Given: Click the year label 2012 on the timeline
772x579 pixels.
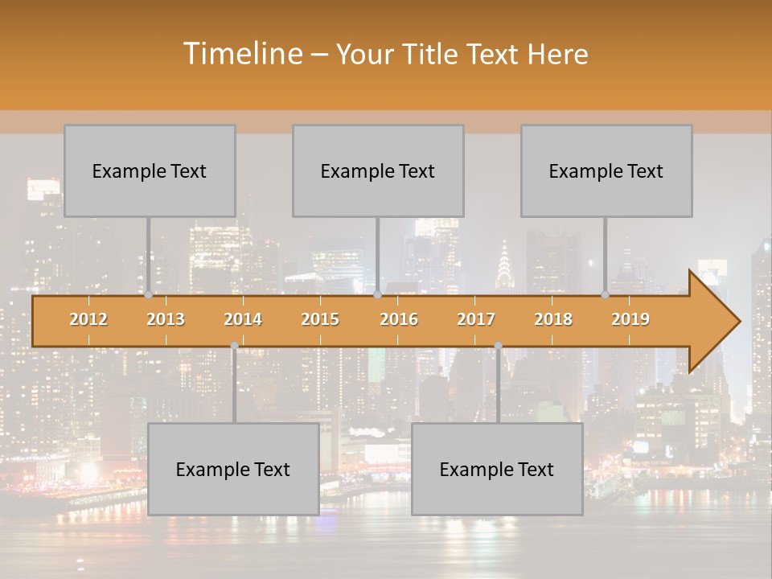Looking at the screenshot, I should pyautogui.click(x=88, y=319).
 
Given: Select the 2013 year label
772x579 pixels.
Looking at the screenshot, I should pyautogui.click(x=166, y=319).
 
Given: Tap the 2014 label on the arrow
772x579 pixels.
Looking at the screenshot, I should pyautogui.click(x=243, y=319).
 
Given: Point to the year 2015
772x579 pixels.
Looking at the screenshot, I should pyautogui.click(x=320, y=319).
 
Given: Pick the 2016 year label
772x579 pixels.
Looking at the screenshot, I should pyautogui.click(x=399, y=319).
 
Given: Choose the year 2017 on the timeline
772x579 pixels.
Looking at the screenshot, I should pyautogui.click(x=476, y=319).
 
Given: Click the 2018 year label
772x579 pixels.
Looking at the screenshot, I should pyautogui.click(x=553, y=319).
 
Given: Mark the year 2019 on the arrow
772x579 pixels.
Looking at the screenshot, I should pyautogui.click(x=630, y=319).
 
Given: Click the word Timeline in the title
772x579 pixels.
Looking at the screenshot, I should pyautogui.click(x=242, y=54).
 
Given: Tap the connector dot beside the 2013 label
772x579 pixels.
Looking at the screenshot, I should pyautogui.click(x=148, y=295).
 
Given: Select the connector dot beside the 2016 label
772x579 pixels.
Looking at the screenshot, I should pyautogui.click(x=377, y=295).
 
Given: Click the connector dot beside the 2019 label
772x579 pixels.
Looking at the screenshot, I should pyautogui.click(x=606, y=295).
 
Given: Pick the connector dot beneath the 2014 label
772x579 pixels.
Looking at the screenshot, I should pyautogui.click(x=234, y=346).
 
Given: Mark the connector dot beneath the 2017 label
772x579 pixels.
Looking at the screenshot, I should pyautogui.click(x=498, y=346).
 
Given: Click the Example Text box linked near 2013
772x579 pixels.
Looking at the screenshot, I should pyautogui.click(x=150, y=170).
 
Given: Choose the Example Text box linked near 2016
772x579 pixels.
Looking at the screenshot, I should pyautogui.click(x=378, y=170).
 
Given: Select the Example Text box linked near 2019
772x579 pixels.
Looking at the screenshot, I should pyautogui.click(x=606, y=170).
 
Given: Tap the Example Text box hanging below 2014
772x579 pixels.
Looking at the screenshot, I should pyautogui.click(x=233, y=469).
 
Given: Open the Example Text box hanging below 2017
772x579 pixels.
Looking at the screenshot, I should pyautogui.click(x=497, y=469).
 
